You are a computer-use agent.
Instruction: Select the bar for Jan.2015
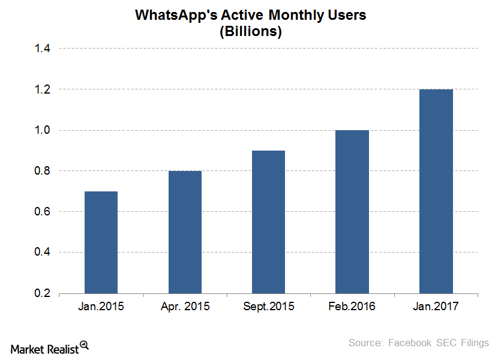[101, 242]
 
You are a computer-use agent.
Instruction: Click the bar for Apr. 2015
[185, 232]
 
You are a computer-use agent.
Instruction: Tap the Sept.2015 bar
[268, 222]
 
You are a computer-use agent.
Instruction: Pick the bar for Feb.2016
[352, 212]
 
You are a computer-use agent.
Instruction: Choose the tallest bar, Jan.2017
[436, 191]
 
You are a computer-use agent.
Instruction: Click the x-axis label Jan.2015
[101, 307]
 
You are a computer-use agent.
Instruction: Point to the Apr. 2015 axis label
[185, 307]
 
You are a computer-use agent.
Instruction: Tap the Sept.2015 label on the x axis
[269, 307]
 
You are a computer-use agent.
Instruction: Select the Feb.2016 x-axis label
[352, 307]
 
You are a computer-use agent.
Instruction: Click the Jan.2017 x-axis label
[436, 307]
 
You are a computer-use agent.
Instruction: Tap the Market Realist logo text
[44, 349]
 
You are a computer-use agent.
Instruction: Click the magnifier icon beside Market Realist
[84, 345]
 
